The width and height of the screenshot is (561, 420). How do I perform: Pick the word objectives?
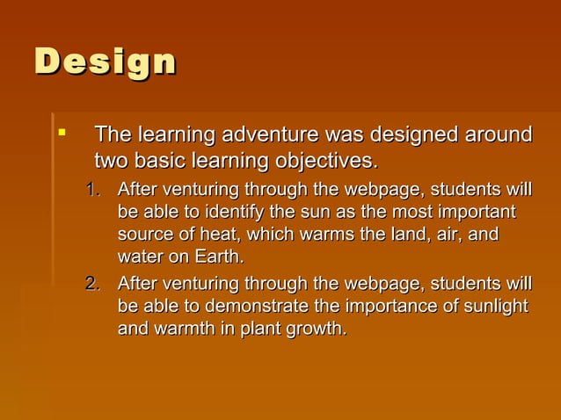pyautogui.click(x=324, y=162)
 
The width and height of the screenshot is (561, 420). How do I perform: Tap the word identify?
pyautogui.click(x=232, y=214)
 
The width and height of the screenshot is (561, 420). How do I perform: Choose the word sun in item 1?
pyautogui.click(x=307, y=214)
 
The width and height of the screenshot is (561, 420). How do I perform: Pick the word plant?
pyautogui.click(x=255, y=329)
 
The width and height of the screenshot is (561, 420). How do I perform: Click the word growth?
pyautogui.click(x=315, y=329)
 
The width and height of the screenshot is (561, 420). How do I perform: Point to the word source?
pyautogui.click(x=143, y=235)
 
